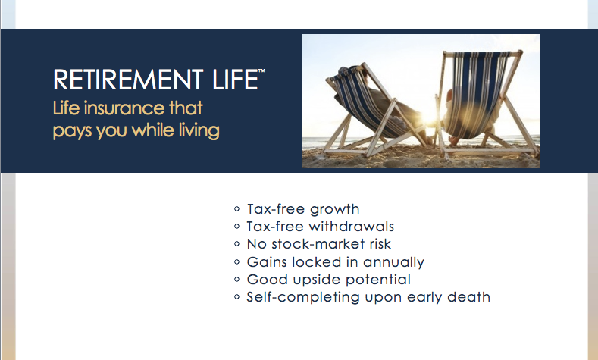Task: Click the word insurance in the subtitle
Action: point(123,108)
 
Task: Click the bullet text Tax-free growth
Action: point(303,209)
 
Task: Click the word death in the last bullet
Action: point(471,297)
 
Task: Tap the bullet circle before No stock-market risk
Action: point(237,244)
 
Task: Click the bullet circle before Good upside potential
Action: point(237,280)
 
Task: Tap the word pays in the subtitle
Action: point(71,131)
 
